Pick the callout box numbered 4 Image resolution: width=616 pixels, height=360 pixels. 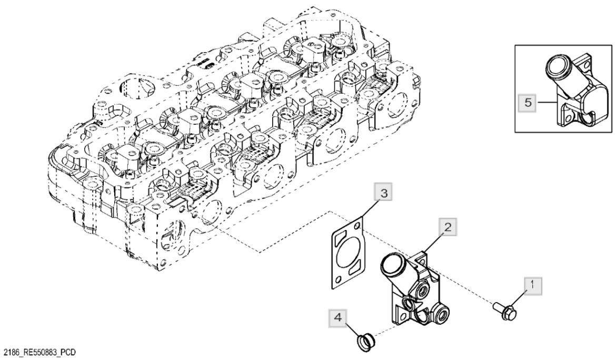337,317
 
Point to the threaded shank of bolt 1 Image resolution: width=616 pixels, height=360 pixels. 498,306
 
